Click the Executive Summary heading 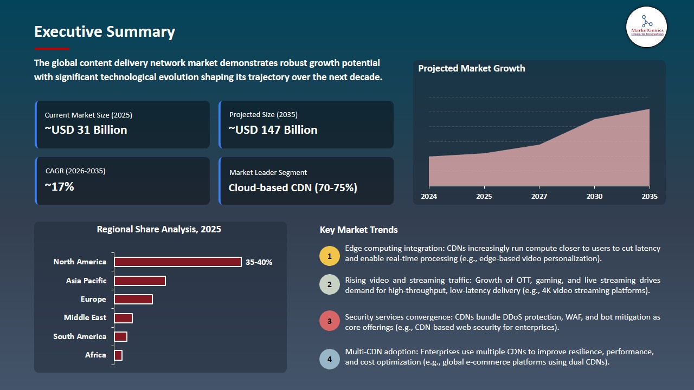[105, 32]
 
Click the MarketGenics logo [646, 27]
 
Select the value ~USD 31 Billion [86, 130]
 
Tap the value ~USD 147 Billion [273, 130]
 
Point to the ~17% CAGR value [59, 187]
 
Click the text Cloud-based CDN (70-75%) [293, 188]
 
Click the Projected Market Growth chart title [471, 68]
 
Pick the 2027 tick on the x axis [539, 196]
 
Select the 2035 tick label [649, 196]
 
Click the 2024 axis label [429, 196]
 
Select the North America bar [177, 262]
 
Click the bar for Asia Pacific [139, 281]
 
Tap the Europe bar [133, 299]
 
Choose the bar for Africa [118, 355]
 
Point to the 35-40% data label [259, 262]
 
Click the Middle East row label [85, 317]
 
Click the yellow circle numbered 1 [329, 256]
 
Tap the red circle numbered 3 [329, 321]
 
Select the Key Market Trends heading [358, 230]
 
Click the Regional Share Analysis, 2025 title [159, 229]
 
